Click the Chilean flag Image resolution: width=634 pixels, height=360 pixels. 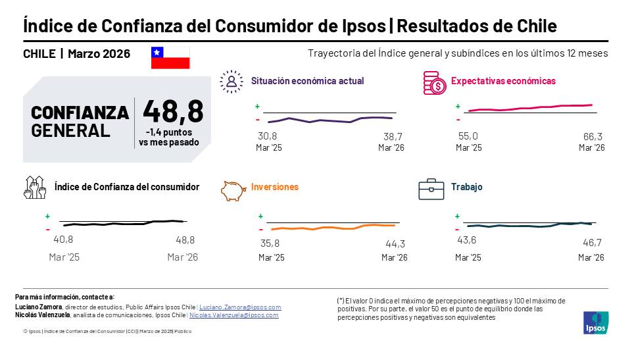click(x=170, y=57)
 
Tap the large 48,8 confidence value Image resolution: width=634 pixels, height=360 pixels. click(x=173, y=111)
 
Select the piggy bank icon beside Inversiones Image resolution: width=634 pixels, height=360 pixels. click(x=233, y=190)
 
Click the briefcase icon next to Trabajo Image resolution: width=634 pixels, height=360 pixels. click(x=431, y=190)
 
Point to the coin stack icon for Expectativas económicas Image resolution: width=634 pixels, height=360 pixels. click(x=435, y=83)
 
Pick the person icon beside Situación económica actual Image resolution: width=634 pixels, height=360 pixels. click(x=232, y=82)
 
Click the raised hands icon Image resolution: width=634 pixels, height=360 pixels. click(x=35, y=188)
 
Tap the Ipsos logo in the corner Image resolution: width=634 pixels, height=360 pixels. click(x=596, y=322)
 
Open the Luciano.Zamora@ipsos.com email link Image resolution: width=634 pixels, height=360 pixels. click(x=240, y=307)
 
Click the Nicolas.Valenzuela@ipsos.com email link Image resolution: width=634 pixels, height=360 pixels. click(x=234, y=315)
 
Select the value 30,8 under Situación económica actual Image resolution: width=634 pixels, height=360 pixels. click(x=267, y=136)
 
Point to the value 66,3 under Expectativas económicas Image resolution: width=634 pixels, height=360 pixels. click(x=593, y=136)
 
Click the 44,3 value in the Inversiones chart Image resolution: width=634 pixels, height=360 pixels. click(x=395, y=244)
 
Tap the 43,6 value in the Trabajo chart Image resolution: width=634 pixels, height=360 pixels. click(x=466, y=240)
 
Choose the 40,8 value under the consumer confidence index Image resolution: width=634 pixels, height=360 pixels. click(x=64, y=240)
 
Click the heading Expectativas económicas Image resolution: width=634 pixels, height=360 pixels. click(x=503, y=81)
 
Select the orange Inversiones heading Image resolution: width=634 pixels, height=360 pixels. click(x=275, y=187)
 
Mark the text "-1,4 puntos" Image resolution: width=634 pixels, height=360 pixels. click(x=169, y=132)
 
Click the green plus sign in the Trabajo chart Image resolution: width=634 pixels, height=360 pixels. click(x=457, y=217)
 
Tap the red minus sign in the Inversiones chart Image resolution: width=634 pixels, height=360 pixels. click(x=261, y=230)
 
